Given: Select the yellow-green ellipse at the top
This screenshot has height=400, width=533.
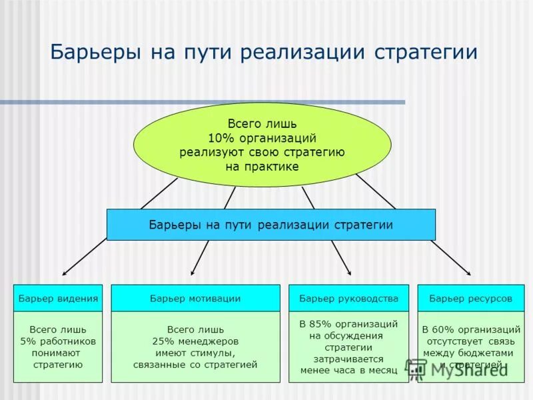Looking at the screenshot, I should [262, 145].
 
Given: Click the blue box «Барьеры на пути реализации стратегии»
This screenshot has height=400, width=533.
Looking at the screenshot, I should [270, 225].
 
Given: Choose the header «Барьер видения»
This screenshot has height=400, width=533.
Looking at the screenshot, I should [58, 299].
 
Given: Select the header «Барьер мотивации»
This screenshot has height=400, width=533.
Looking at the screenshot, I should [195, 299].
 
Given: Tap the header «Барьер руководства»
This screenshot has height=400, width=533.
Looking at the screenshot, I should [348, 299].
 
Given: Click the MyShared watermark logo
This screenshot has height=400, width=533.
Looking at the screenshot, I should [460, 370].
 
